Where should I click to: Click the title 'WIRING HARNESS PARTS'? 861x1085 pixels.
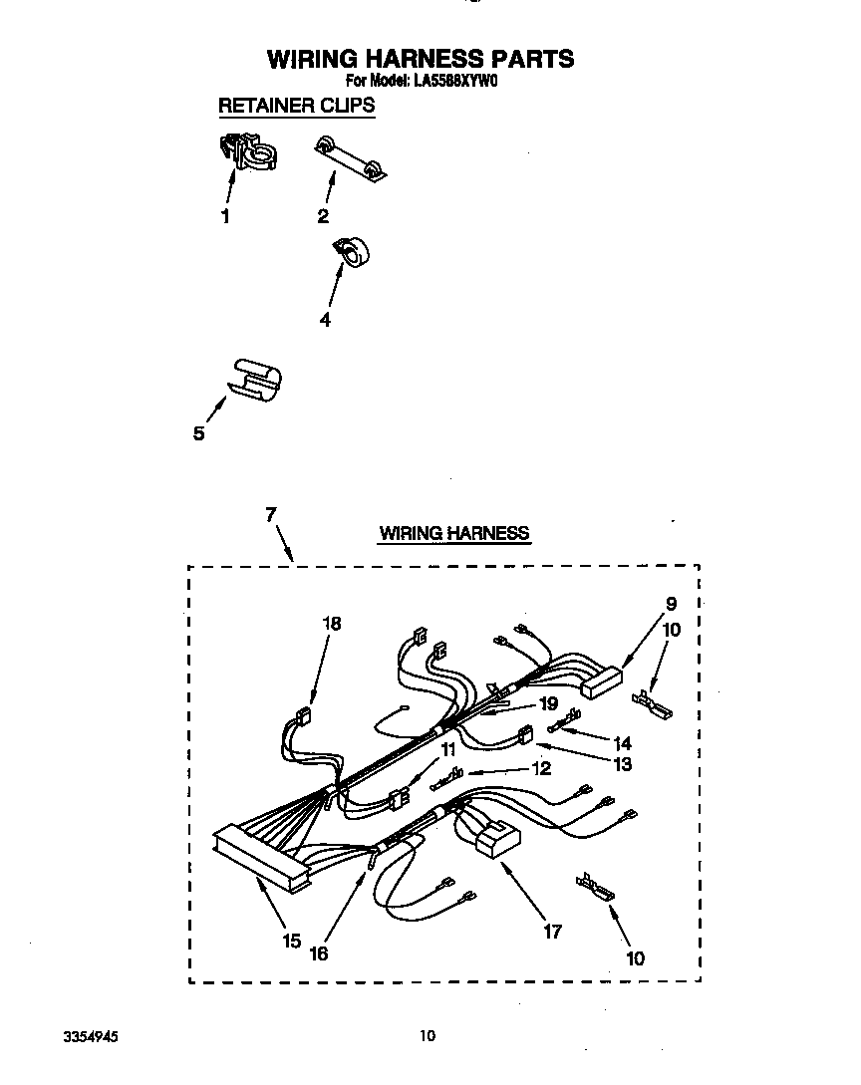(420, 59)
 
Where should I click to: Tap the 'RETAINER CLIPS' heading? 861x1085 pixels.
(296, 105)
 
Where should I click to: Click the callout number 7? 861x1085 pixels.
(269, 514)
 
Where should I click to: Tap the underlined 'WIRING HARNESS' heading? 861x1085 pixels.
(453, 533)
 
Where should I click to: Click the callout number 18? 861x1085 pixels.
(331, 624)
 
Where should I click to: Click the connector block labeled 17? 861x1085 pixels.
(494, 838)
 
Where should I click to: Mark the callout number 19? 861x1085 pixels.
(547, 702)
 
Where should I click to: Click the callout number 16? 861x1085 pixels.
(318, 953)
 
